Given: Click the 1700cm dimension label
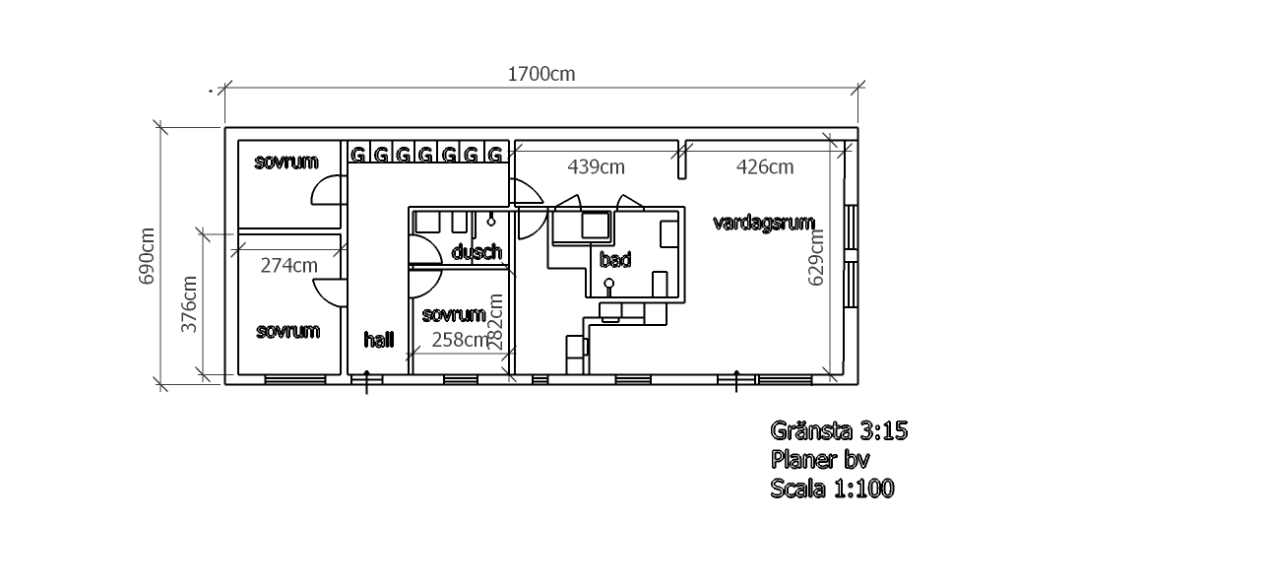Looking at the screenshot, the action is (541, 74).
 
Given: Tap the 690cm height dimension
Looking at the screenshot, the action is (147, 256).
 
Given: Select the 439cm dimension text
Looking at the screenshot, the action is (596, 166).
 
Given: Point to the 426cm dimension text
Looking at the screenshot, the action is (765, 166).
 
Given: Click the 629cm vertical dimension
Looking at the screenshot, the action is (815, 257).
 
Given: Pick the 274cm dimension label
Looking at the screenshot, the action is (288, 265).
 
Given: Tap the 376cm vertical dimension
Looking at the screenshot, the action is (189, 304).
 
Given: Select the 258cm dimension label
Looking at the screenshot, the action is (460, 339).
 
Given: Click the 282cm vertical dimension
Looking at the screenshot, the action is (495, 322).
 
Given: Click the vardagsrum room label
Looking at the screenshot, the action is (764, 223).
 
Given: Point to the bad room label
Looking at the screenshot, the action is (615, 259).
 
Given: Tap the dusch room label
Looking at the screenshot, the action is (476, 251).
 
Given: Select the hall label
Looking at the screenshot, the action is (379, 339).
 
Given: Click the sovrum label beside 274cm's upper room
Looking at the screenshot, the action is (286, 162).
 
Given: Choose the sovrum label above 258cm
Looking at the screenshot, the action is (454, 314).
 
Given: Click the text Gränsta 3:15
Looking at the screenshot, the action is (839, 430).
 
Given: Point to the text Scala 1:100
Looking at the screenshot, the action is (832, 488).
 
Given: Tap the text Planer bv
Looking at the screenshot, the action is (820, 459).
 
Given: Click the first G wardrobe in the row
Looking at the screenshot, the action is (357, 154).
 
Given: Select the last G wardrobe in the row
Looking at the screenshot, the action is (495, 154).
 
